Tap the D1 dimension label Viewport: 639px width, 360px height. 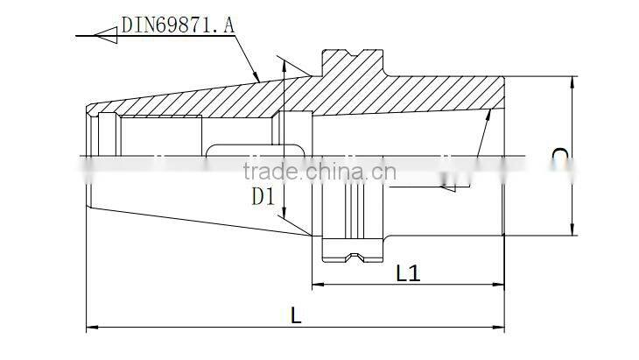pyautogui.click(x=263, y=197)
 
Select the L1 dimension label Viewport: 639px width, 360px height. pyautogui.click(x=408, y=273)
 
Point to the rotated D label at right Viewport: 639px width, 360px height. pyautogui.click(x=560, y=155)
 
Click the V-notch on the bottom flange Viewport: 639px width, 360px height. pyautogui.click(x=355, y=258)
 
